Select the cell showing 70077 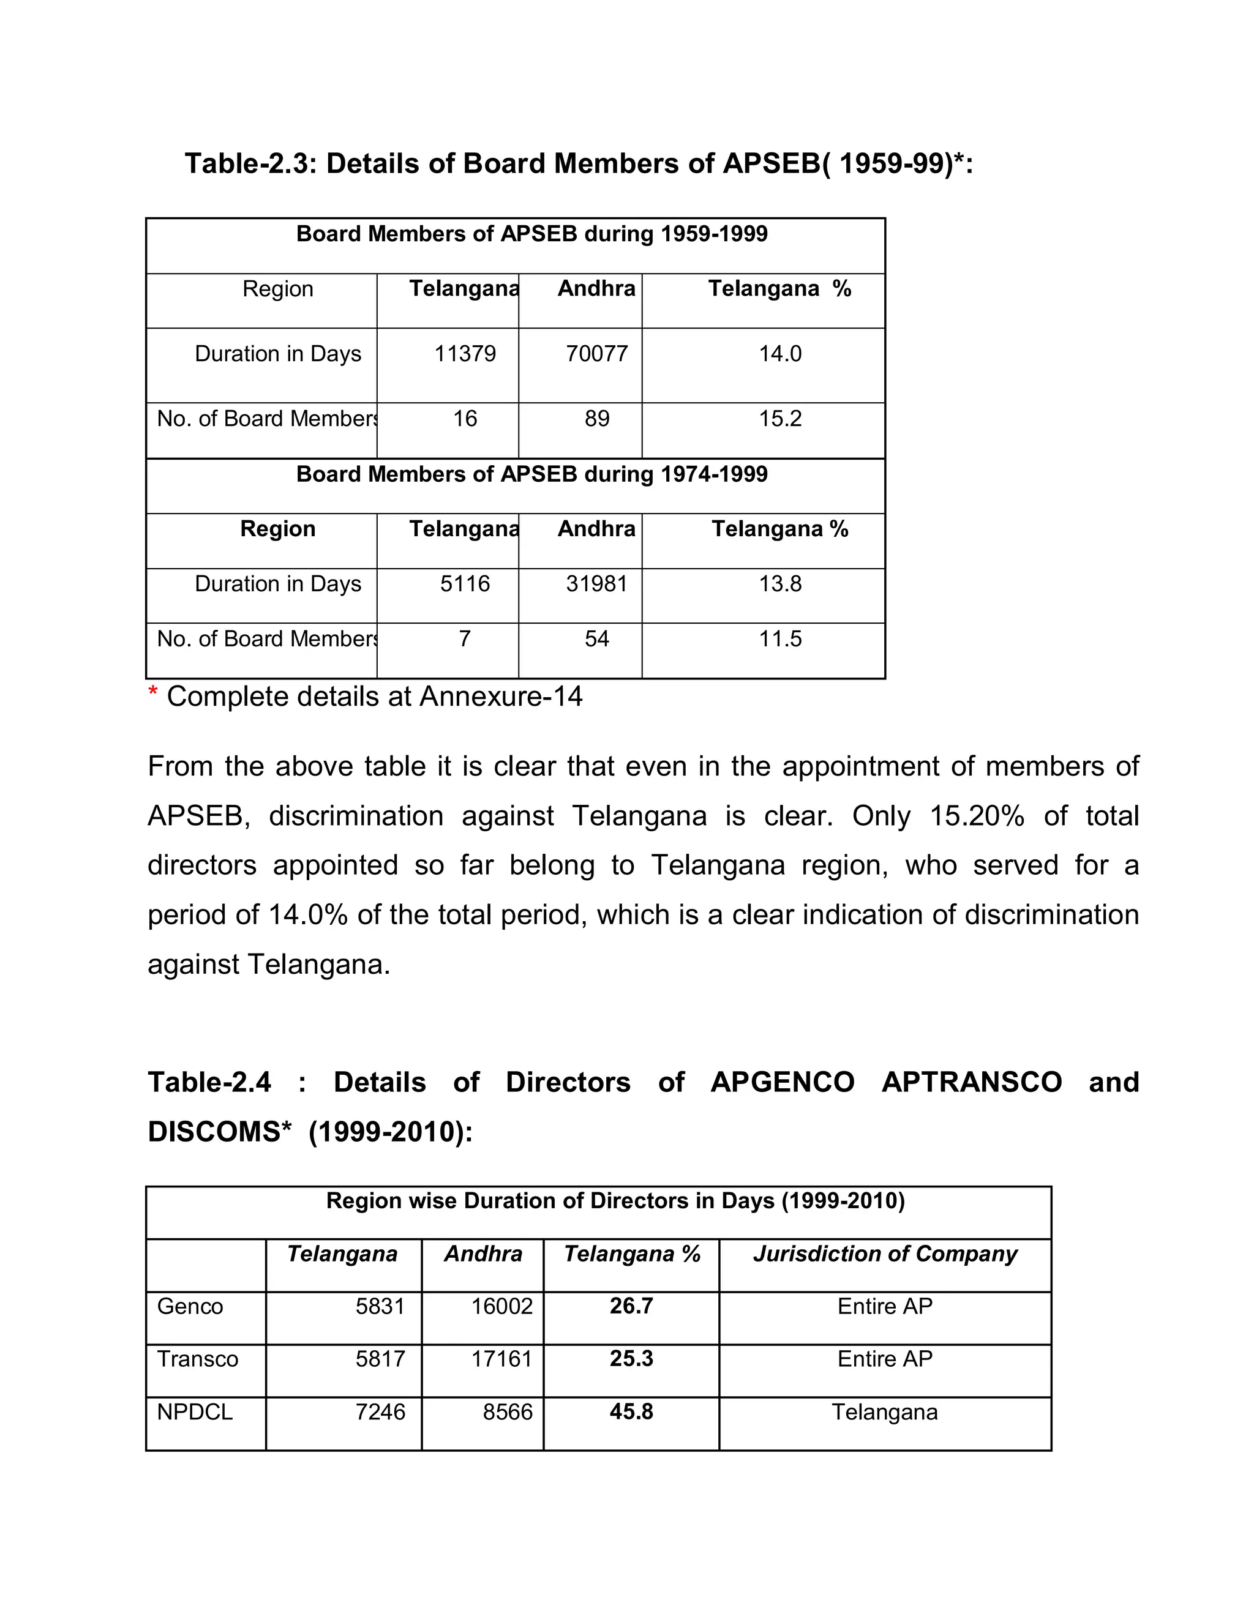pos(596,354)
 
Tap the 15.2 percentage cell pos(779,419)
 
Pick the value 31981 pos(596,584)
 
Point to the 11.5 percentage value pos(779,638)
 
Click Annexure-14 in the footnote pos(501,697)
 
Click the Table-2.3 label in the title pos(245,163)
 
